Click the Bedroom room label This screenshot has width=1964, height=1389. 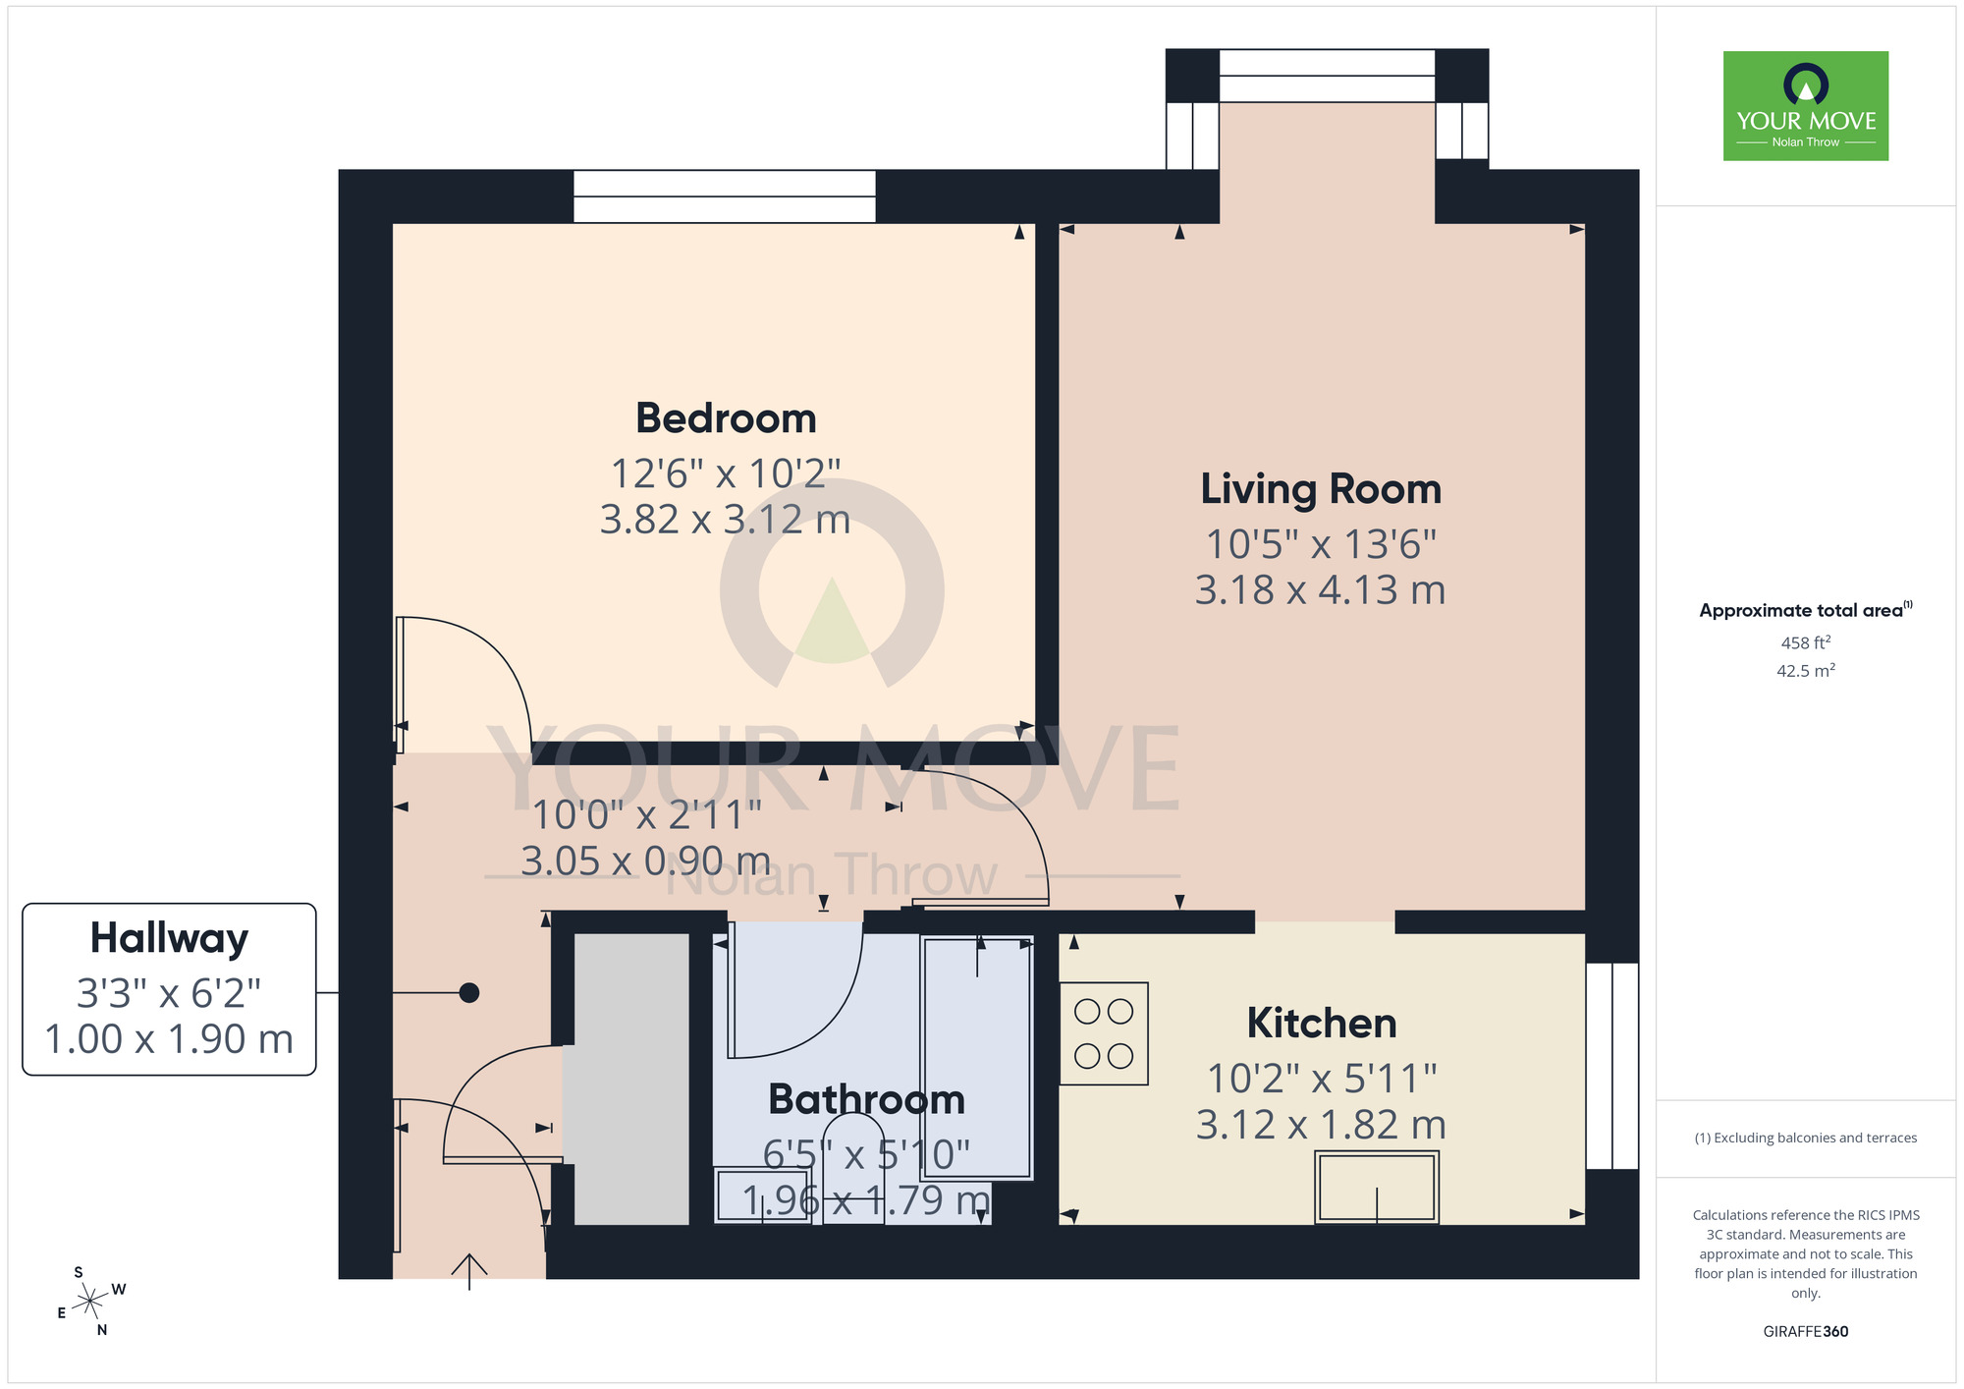(x=726, y=418)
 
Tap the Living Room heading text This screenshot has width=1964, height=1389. (x=1321, y=489)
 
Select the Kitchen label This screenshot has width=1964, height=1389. (x=1322, y=1024)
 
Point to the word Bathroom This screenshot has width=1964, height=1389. (x=866, y=1099)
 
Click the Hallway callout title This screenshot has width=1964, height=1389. (x=169, y=938)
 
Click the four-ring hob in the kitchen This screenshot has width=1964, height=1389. (x=1104, y=1033)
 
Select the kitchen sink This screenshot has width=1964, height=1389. (x=1377, y=1187)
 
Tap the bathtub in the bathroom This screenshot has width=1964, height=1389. (x=977, y=1056)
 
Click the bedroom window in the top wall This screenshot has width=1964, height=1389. (x=725, y=196)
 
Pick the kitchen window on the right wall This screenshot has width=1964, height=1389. (x=1612, y=1065)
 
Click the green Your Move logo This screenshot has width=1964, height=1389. (x=1805, y=106)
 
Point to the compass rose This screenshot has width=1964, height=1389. (x=90, y=1302)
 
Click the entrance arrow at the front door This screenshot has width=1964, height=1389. (x=469, y=1270)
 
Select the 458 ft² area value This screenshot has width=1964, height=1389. (x=1805, y=642)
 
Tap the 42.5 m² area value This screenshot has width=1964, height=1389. (x=1805, y=671)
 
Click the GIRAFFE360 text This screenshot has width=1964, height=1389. (x=1805, y=1332)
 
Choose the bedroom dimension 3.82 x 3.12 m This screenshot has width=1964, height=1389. (x=725, y=520)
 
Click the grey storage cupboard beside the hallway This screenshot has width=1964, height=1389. (x=631, y=1079)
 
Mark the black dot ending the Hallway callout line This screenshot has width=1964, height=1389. (x=469, y=993)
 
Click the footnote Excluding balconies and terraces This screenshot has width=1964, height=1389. (x=1805, y=1138)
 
